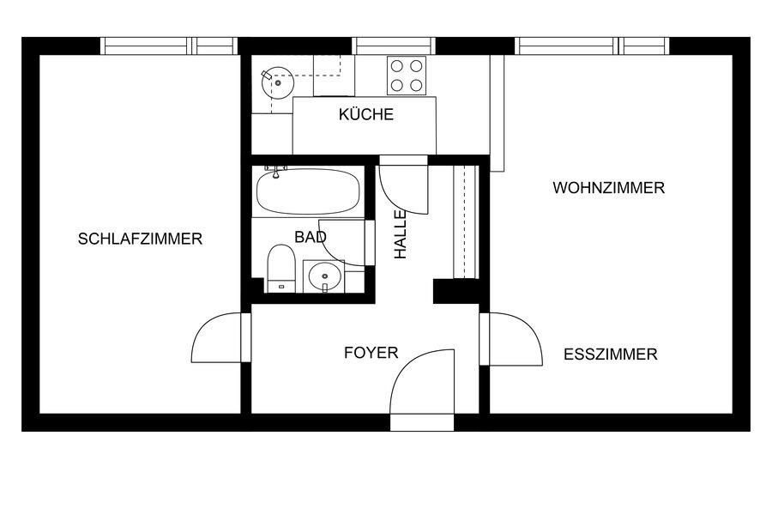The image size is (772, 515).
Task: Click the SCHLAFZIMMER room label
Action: (x=141, y=239)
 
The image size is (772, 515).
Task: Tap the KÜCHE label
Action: (x=366, y=114)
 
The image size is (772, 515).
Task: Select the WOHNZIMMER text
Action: (x=608, y=188)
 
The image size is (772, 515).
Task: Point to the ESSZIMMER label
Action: (x=611, y=354)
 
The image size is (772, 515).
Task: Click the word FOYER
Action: (x=371, y=353)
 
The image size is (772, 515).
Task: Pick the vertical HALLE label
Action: (x=401, y=235)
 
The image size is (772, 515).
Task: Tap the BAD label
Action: (x=311, y=237)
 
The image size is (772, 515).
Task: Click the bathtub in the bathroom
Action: (x=308, y=191)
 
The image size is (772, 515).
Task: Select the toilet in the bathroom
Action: (x=281, y=269)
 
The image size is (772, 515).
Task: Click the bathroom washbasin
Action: (x=324, y=276)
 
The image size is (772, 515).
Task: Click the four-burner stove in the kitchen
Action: (x=407, y=76)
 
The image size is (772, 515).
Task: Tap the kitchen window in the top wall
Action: (x=394, y=45)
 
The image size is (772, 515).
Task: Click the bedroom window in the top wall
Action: (x=169, y=45)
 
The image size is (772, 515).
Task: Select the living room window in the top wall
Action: (x=592, y=45)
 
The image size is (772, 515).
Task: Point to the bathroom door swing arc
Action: (x=331, y=253)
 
